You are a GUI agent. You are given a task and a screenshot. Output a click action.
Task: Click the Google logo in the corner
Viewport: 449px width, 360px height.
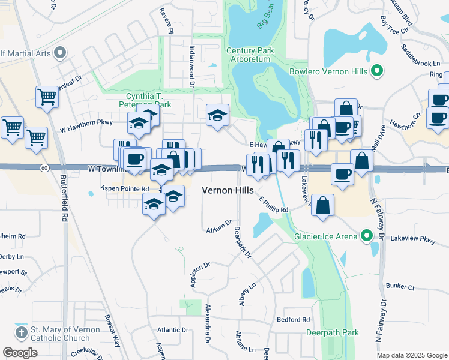pyautogui.click(x=20, y=352)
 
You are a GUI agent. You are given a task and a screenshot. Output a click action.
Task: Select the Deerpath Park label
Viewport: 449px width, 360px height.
pyautogui.click(x=332, y=332)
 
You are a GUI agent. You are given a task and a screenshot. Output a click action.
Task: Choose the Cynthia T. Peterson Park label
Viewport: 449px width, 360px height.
pyautogui.click(x=148, y=100)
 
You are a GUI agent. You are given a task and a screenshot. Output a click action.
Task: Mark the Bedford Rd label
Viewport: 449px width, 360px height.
pyautogui.click(x=293, y=319)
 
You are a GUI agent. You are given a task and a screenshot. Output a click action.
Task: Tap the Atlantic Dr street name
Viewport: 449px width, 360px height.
pyautogui.click(x=173, y=330)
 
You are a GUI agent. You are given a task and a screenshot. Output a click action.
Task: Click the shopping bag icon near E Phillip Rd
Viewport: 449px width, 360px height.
pyautogui.click(x=323, y=205)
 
